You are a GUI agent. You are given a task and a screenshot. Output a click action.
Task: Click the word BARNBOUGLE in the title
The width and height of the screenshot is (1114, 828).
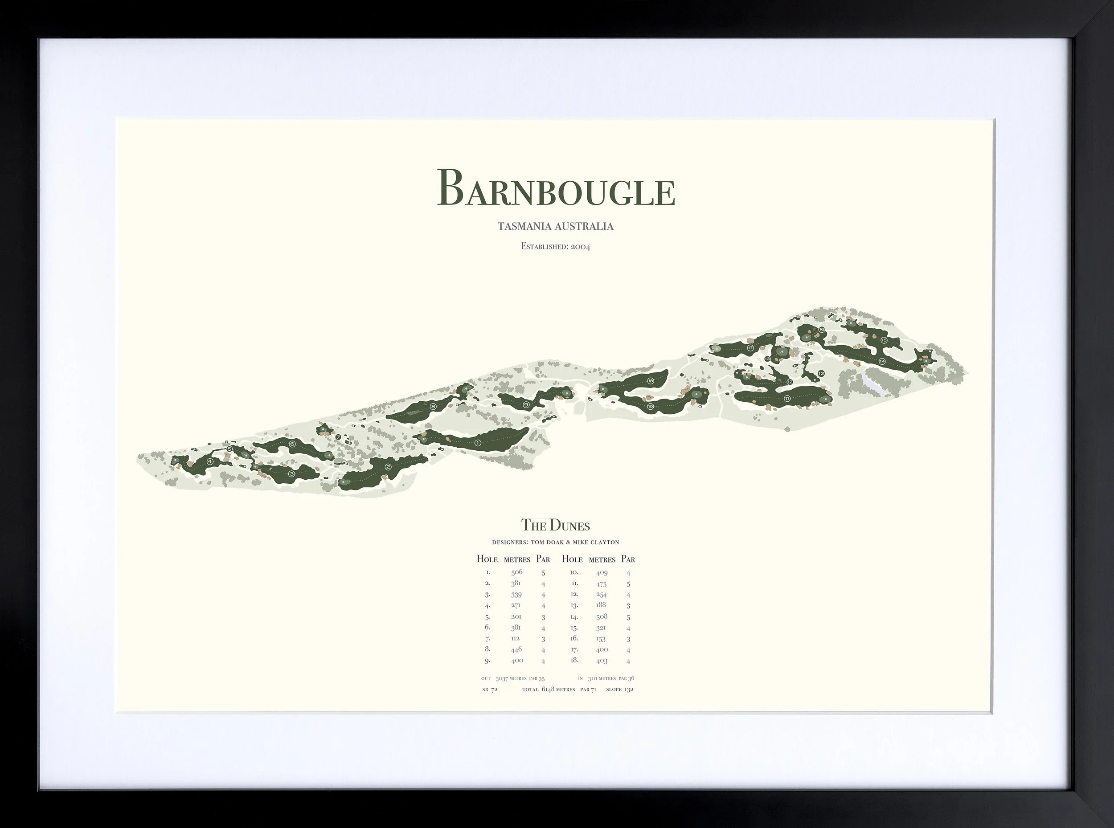click(x=556, y=188)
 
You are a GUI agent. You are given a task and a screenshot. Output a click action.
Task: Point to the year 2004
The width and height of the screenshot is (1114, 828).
click(x=580, y=247)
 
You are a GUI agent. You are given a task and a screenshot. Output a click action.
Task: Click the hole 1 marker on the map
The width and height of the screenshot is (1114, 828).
click(x=477, y=443)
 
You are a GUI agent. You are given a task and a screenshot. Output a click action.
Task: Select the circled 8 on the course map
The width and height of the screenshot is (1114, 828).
click(x=433, y=407)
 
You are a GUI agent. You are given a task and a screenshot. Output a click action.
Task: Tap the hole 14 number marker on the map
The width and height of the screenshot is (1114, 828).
click(x=882, y=361)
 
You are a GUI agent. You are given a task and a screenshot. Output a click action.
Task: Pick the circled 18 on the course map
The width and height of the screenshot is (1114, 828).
click(x=651, y=381)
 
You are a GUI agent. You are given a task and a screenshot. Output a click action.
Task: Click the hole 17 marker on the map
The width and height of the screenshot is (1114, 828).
click(x=750, y=348)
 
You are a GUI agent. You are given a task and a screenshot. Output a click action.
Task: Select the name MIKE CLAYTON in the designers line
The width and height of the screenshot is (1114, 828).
click(x=600, y=542)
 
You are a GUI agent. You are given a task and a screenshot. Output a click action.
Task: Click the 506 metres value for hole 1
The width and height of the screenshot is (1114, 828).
click(x=517, y=572)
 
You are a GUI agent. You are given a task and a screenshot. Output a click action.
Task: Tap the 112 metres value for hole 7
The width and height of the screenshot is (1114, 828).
click(x=516, y=639)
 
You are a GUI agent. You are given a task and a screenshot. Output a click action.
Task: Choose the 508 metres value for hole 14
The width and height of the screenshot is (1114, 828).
click(x=602, y=616)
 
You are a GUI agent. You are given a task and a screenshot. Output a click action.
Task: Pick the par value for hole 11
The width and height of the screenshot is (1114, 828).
click(x=628, y=584)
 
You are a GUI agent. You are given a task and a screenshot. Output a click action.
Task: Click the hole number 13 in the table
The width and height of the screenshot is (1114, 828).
click(x=574, y=605)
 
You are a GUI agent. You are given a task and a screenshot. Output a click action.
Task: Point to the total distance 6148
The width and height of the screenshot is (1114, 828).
click(x=548, y=689)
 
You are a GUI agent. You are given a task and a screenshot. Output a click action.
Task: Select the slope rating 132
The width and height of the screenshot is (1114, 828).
click(x=629, y=689)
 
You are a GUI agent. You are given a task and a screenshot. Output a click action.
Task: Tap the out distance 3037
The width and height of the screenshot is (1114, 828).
click(x=502, y=679)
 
